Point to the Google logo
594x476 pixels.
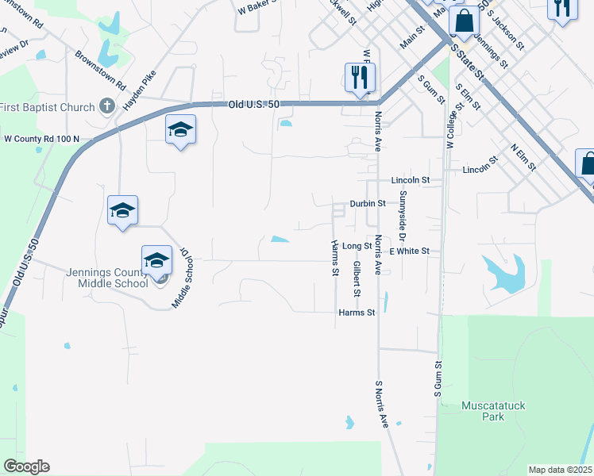coord(26,466)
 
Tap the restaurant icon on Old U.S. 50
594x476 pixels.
coord(360,77)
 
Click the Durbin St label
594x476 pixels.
coord(368,203)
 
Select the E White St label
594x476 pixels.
coord(409,251)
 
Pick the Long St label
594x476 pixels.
coord(357,247)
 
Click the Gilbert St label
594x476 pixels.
coord(358,278)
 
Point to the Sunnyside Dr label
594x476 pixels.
coord(403,215)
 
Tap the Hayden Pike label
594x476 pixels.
coord(139,90)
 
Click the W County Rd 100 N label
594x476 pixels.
coord(41,139)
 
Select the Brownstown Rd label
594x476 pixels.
coord(100,70)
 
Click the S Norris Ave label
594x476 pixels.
coord(381,403)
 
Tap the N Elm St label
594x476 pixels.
coord(523,157)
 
